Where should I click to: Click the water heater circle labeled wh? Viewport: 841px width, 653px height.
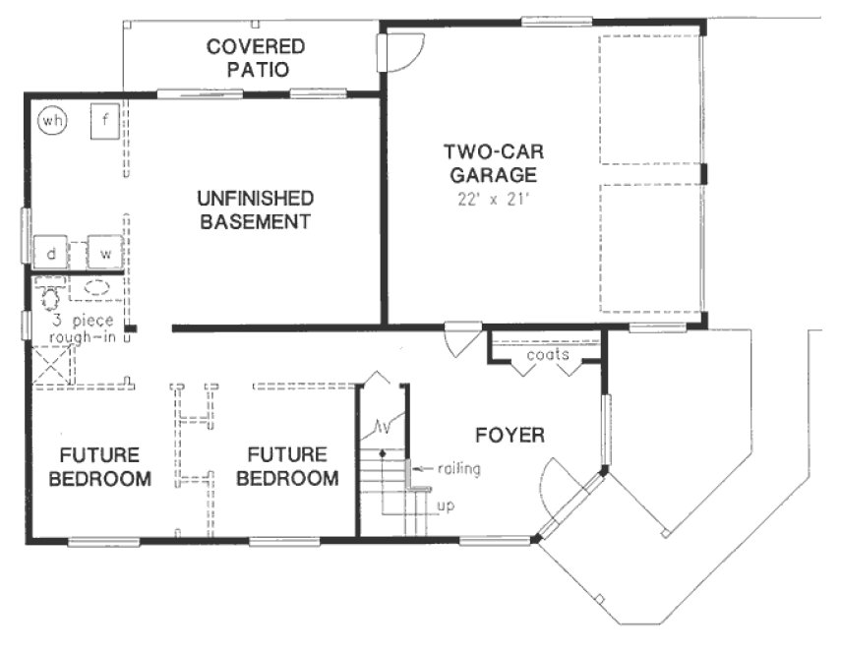pos(51,121)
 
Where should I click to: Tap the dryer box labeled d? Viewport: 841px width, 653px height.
pos(50,253)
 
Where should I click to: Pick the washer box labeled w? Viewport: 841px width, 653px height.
pos(104,253)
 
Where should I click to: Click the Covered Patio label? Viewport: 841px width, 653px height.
pos(255,58)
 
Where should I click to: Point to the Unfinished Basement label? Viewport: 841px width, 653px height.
pos(255,208)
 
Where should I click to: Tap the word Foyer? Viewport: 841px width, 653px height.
pos(510,434)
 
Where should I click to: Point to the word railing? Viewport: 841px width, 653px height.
pos(459,469)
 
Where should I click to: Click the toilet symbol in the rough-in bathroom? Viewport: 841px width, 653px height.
pos(47,292)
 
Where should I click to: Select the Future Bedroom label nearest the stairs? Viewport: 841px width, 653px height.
pos(286,467)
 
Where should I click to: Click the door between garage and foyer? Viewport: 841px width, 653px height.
pos(458,340)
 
